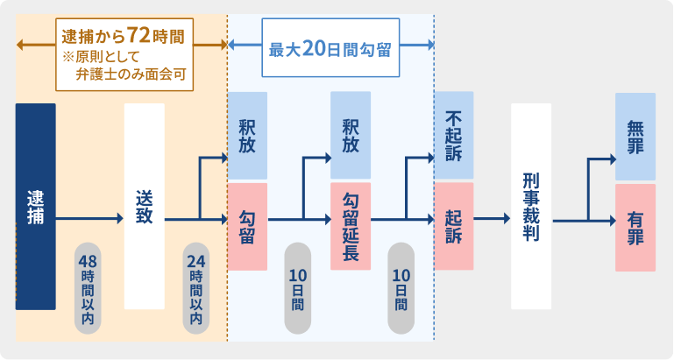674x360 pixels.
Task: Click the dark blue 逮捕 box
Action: click(x=36, y=206)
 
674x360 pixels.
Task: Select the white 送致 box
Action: click(x=145, y=206)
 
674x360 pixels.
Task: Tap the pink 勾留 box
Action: click(x=247, y=227)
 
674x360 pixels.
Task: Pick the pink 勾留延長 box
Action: click(x=351, y=227)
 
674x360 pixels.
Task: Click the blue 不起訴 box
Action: click(x=453, y=135)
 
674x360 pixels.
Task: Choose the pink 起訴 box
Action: click(x=453, y=227)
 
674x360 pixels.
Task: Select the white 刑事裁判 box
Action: click(x=531, y=206)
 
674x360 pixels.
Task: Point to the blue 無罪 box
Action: click(x=635, y=136)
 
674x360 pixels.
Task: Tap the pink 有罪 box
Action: click(x=635, y=227)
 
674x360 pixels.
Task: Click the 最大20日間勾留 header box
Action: click(x=330, y=48)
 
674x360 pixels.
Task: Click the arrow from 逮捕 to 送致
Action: click(x=90, y=220)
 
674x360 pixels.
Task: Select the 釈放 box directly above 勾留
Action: click(x=247, y=135)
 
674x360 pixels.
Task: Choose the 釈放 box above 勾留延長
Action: click(x=351, y=135)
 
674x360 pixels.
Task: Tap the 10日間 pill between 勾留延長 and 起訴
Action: click(x=401, y=288)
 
